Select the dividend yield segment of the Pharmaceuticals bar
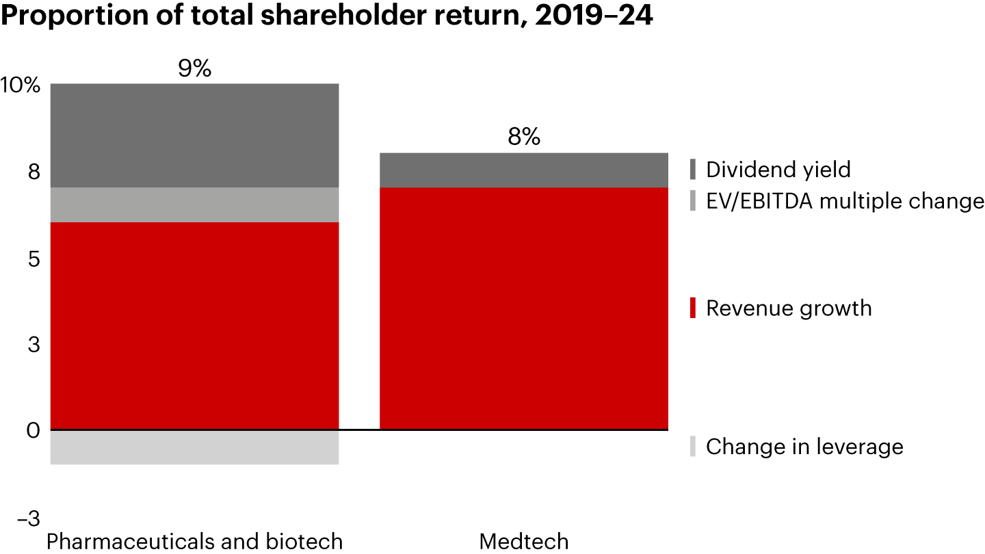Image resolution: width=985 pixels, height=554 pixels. point(195,135)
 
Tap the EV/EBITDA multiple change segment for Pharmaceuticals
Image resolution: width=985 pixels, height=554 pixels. point(195,205)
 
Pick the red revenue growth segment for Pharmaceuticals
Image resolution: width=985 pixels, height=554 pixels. point(195,326)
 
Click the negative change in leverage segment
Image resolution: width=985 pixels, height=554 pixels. point(195,447)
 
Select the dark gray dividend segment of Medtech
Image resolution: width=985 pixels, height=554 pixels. point(524,170)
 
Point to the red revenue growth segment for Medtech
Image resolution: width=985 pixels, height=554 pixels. point(524,308)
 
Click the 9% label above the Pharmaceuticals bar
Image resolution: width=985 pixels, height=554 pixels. point(194,68)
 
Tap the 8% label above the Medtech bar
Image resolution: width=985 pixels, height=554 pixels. point(524,138)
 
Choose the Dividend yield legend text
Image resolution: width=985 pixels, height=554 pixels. point(778,170)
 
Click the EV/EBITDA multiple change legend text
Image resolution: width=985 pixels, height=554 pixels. point(845,201)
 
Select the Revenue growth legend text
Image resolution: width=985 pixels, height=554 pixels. point(789,308)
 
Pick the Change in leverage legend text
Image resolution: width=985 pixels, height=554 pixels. point(804,447)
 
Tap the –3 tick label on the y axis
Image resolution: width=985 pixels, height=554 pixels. point(29,518)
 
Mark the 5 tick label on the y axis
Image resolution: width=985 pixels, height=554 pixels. point(34,259)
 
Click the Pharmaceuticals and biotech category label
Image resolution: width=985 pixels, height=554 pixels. point(194,542)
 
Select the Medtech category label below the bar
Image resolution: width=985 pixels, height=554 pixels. point(524,542)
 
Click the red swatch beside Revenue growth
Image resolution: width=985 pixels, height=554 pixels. point(693,308)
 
